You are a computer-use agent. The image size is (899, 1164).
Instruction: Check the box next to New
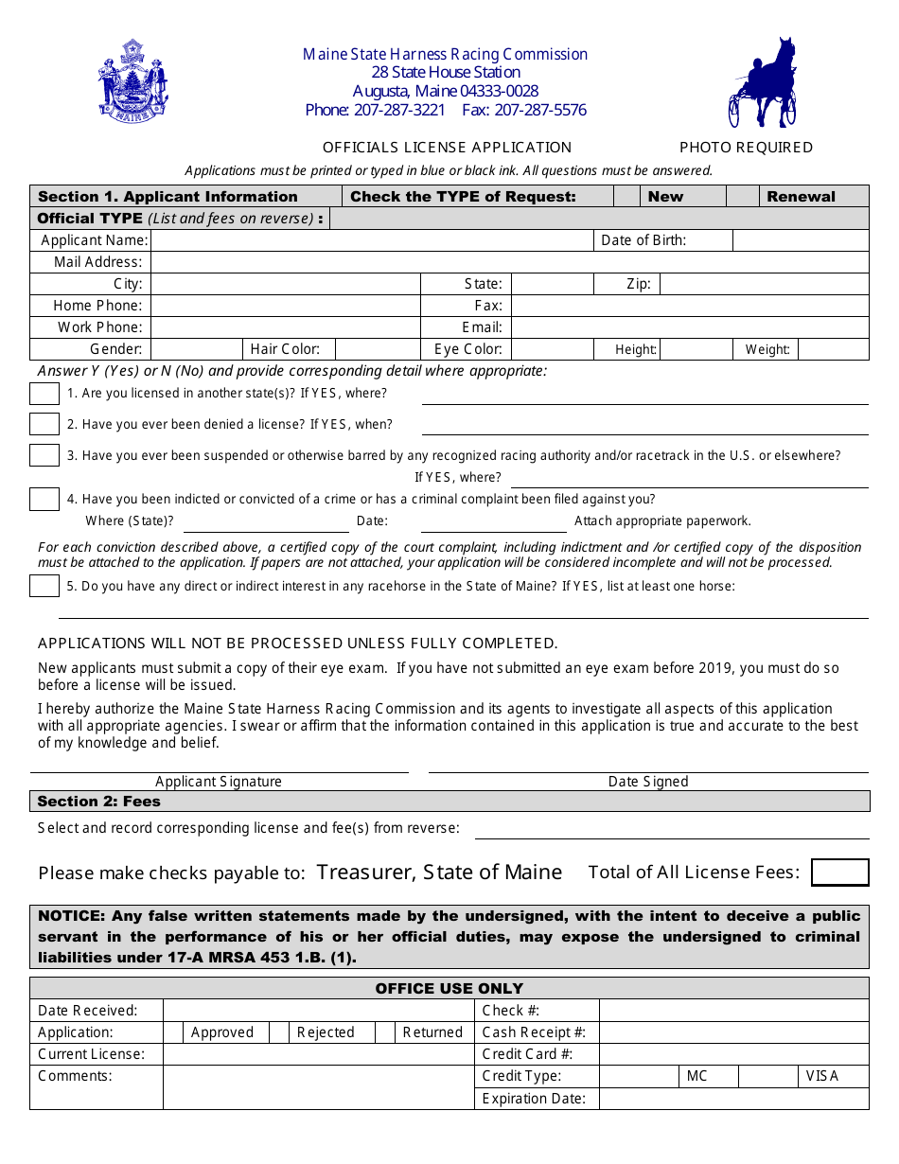[x=627, y=196]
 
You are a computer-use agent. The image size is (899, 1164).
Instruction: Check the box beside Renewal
[x=745, y=196]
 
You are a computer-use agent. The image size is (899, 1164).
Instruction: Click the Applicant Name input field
[x=372, y=240]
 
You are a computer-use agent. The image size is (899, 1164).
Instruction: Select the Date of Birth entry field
[x=800, y=240]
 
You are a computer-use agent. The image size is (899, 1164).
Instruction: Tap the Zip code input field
[x=764, y=284]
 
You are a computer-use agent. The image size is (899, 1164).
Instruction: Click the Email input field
[x=689, y=327]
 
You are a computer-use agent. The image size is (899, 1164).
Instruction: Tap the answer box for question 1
[x=44, y=394]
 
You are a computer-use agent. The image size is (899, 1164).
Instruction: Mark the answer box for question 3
[x=44, y=455]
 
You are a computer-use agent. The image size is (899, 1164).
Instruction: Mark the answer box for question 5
[x=44, y=586]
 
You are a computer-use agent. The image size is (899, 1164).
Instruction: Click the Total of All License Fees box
[x=839, y=873]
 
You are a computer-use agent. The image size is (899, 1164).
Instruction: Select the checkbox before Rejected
[x=279, y=1032]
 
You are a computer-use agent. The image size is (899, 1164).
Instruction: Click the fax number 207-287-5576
[x=540, y=110]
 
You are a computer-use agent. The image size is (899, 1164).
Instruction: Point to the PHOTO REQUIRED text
[x=746, y=148]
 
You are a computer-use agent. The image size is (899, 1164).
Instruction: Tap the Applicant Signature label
[x=219, y=782]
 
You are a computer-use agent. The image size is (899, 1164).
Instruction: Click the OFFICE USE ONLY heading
[x=449, y=988]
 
